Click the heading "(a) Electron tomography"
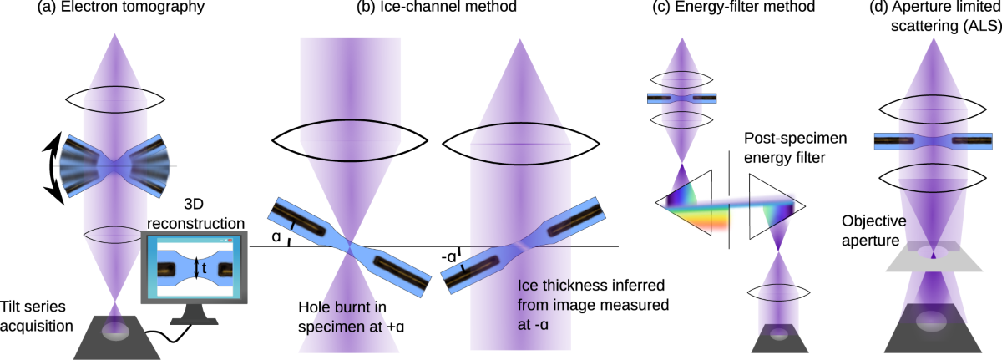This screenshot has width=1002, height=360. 125,11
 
